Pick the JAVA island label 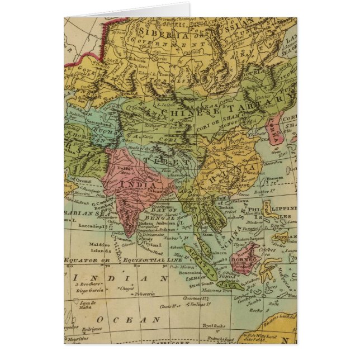tap(230, 284)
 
